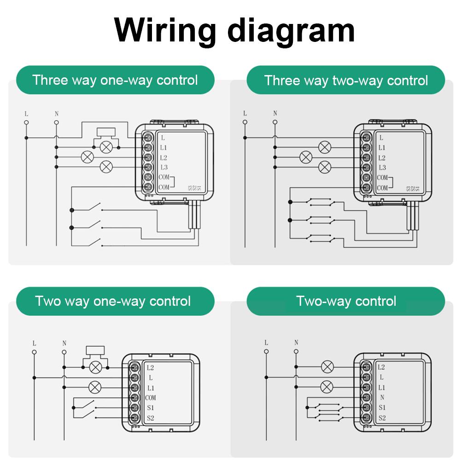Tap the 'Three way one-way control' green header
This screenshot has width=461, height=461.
[115, 80]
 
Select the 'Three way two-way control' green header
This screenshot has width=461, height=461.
[346, 81]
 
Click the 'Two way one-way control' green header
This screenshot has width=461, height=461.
[113, 302]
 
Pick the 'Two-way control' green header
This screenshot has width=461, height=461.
[346, 302]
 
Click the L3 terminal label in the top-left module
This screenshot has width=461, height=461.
[164, 168]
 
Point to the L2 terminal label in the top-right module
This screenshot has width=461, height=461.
[381, 158]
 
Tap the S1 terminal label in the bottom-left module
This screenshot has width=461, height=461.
[150, 408]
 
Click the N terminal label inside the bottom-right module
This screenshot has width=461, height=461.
[381, 398]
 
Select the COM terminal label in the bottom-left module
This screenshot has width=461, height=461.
[151, 398]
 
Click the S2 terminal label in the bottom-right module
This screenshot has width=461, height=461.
[381, 418]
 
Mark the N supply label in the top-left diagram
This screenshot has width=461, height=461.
[56, 113]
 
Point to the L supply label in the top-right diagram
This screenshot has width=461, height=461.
[245, 113]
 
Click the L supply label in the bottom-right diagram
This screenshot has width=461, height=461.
[266, 343]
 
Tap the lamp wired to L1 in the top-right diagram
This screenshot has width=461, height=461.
[325, 147]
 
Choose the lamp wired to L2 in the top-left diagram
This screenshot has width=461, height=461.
[86, 157]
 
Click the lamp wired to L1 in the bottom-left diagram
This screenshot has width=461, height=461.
[95, 387]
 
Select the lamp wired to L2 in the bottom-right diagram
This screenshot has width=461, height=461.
[327, 367]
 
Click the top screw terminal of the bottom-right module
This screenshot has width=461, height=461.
[366, 368]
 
